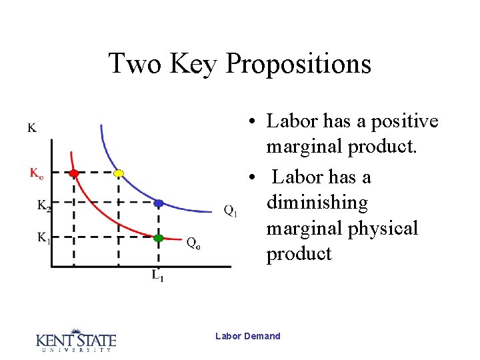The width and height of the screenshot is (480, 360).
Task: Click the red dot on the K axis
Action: (x=74, y=173)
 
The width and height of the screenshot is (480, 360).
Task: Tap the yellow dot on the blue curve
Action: (x=119, y=173)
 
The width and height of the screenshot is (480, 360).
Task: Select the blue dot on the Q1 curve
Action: (x=159, y=203)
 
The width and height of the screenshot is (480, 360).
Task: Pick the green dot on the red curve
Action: (x=158, y=237)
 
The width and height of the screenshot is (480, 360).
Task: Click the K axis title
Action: (x=32, y=127)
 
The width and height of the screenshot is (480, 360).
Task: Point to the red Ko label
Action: (x=37, y=173)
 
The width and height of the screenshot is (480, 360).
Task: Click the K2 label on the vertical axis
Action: (x=43, y=206)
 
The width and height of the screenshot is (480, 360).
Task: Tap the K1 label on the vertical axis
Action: (x=43, y=237)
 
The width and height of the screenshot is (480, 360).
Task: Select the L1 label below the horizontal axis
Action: (x=157, y=275)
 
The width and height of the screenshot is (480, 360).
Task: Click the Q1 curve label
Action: (x=231, y=211)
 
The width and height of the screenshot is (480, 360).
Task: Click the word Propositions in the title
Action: (x=299, y=64)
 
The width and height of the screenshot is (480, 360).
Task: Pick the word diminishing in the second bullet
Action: (x=317, y=203)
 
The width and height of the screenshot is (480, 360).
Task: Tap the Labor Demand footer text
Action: (x=248, y=336)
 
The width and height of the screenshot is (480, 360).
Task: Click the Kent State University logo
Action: (x=75, y=340)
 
